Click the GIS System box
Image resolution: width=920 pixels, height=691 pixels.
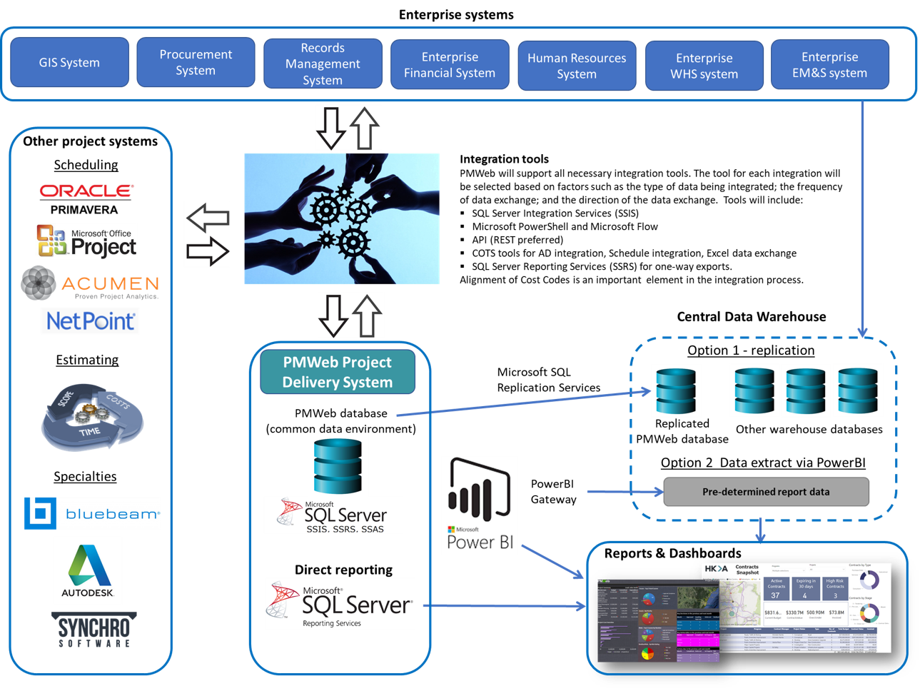click(x=69, y=63)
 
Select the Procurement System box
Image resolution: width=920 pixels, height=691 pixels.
click(x=196, y=63)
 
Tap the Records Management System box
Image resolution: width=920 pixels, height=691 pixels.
click(x=323, y=64)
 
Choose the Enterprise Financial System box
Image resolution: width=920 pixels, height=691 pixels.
click(x=450, y=65)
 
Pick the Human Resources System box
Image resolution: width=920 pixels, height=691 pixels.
click(x=577, y=66)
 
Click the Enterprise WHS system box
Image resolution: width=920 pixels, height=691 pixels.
click(x=704, y=66)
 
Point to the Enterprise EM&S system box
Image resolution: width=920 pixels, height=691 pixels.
click(x=829, y=65)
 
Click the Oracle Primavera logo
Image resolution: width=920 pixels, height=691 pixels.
click(x=86, y=198)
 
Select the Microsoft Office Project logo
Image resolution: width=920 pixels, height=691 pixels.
click(x=86, y=241)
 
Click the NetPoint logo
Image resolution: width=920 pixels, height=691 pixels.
click(x=90, y=321)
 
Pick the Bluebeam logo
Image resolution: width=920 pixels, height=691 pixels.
click(x=92, y=513)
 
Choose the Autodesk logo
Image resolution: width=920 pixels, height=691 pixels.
click(x=88, y=570)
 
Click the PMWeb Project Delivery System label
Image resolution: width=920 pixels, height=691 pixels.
click(x=338, y=372)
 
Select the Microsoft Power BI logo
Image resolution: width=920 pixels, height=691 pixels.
click(x=480, y=505)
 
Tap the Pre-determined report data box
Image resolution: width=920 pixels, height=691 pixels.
click(x=766, y=492)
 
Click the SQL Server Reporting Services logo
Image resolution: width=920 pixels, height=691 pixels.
click(x=340, y=604)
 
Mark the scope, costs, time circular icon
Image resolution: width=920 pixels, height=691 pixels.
click(x=92, y=418)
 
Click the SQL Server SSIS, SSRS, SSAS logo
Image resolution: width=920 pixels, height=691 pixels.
click(x=333, y=515)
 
